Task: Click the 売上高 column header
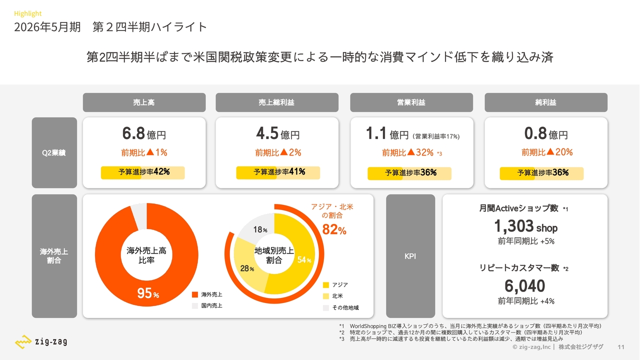point(144,102)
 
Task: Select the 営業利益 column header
point(411,102)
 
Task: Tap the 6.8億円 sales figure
point(144,134)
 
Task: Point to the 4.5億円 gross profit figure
point(277,134)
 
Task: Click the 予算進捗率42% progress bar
point(143,172)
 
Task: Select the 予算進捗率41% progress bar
point(278,172)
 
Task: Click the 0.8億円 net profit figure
point(546,134)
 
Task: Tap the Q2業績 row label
point(54,152)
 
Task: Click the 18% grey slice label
point(260,230)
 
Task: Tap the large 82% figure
point(334,230)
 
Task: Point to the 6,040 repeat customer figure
point(524,286)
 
